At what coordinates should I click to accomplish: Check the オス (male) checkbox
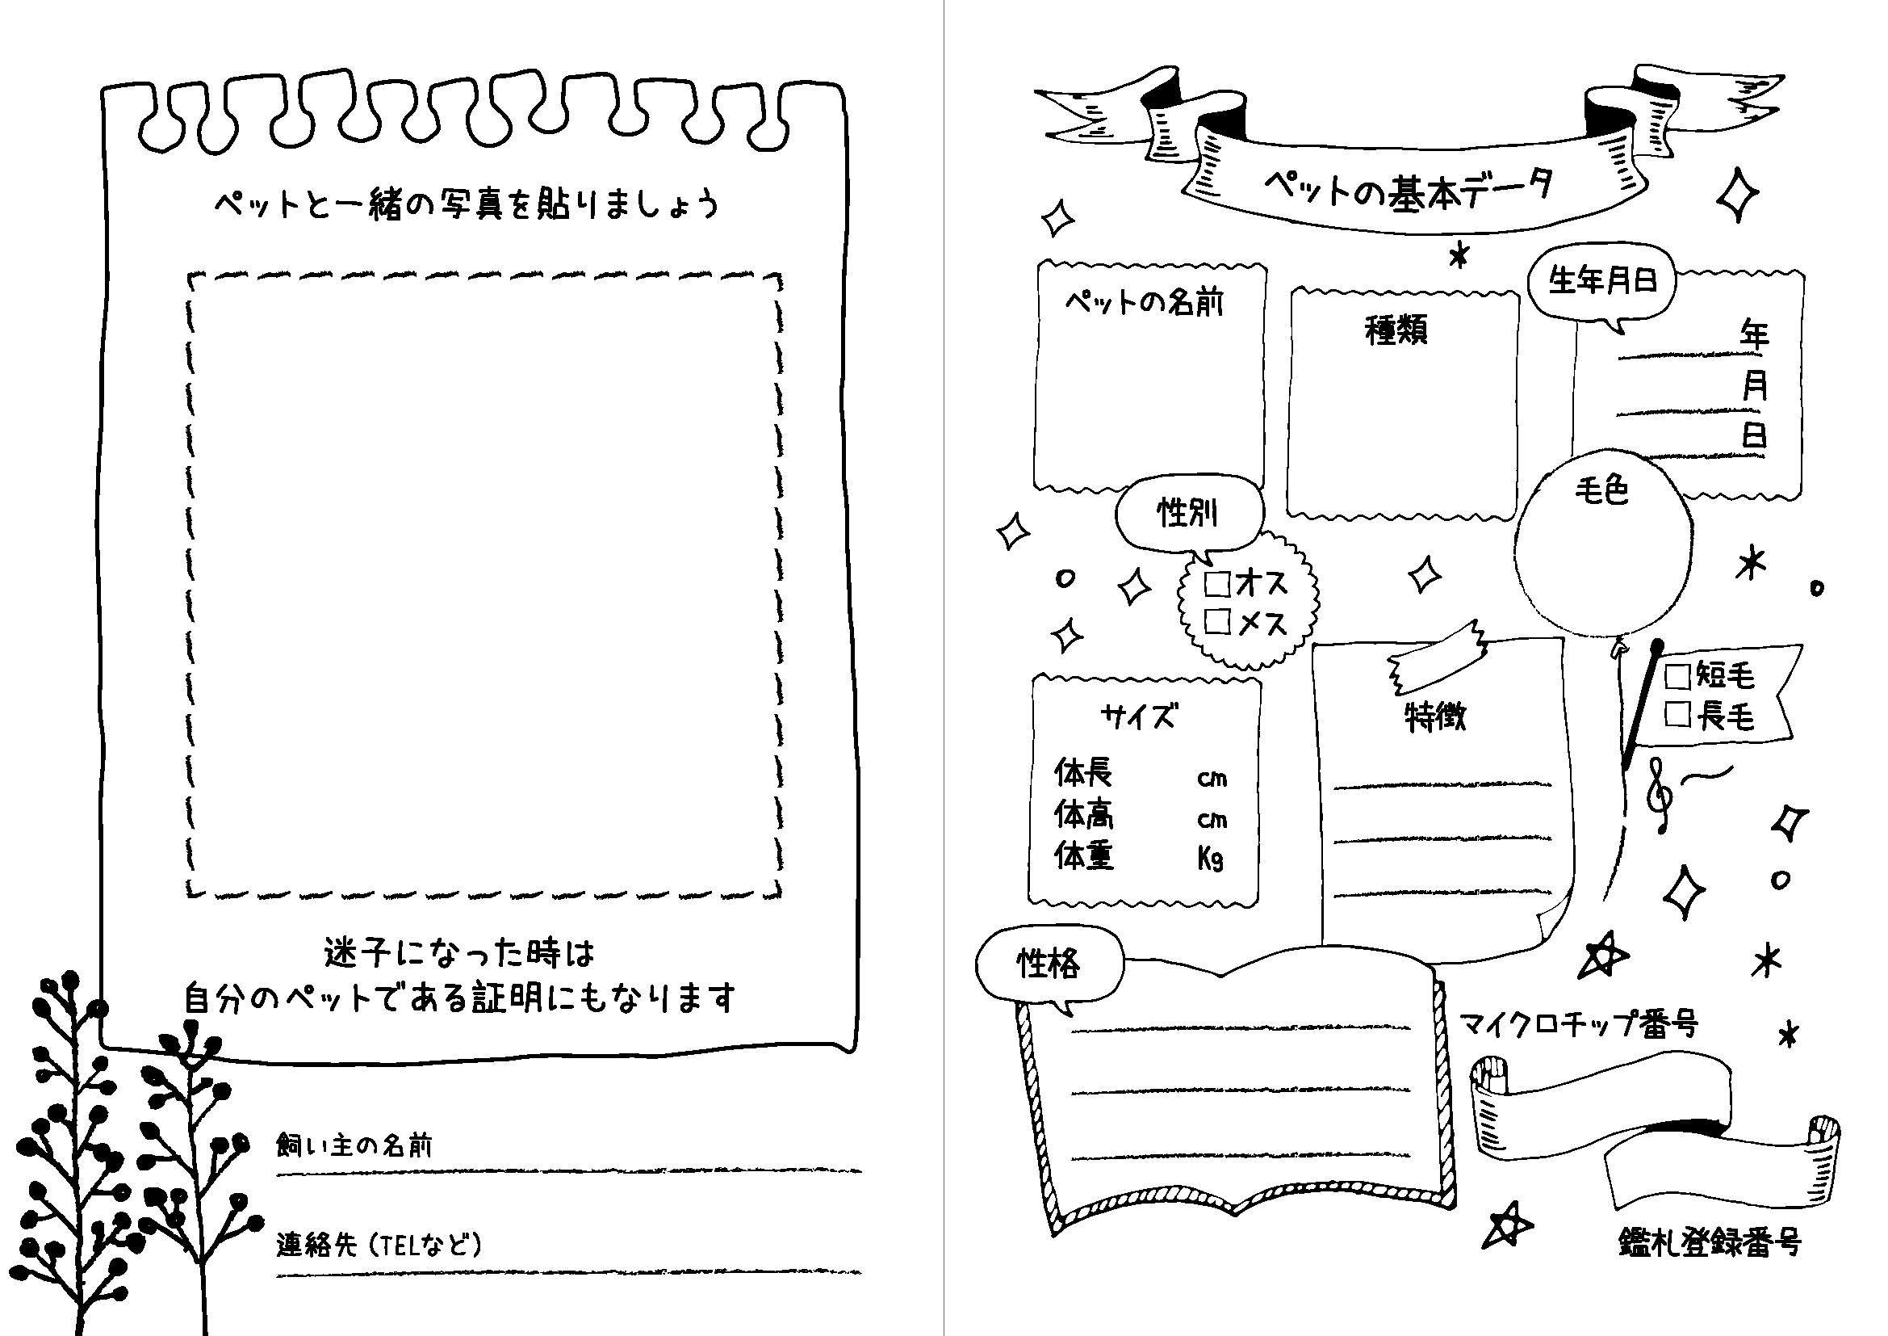click(x=1217, y=583)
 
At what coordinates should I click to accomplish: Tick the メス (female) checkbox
click(x=1217, y=621)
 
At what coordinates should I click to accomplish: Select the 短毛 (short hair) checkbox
click(x=1677, y=676)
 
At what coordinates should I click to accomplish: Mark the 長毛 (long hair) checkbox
click(x=1677, y=714)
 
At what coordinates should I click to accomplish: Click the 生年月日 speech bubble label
click(x=1601, y=281)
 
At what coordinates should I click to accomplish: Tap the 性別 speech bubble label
click(x=1187, y=513)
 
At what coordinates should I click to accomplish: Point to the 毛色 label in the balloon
click(x=1601, y=491)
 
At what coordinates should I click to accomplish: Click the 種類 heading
click(x=1396, y=330)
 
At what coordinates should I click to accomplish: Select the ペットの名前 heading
click(x=1144, y=303)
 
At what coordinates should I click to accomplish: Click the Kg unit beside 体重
click(x=1211, y=859)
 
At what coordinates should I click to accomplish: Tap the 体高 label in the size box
click(x=1084, y=815)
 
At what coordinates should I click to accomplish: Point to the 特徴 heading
click(x=1435, y=716)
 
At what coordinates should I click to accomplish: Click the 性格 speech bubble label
click(x=1049, y=963)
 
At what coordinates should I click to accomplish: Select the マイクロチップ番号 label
click(x=1579, y=1024)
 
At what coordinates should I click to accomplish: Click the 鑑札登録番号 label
click(x=1710, y=1242)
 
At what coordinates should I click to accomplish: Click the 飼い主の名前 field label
click(x=354, y=1145)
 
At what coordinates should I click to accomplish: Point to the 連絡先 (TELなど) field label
click(x=379, y=1245)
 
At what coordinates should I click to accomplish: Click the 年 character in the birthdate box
click(x=1754, y=335)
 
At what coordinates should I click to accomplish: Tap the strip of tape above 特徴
click(x=1438, y=657)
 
